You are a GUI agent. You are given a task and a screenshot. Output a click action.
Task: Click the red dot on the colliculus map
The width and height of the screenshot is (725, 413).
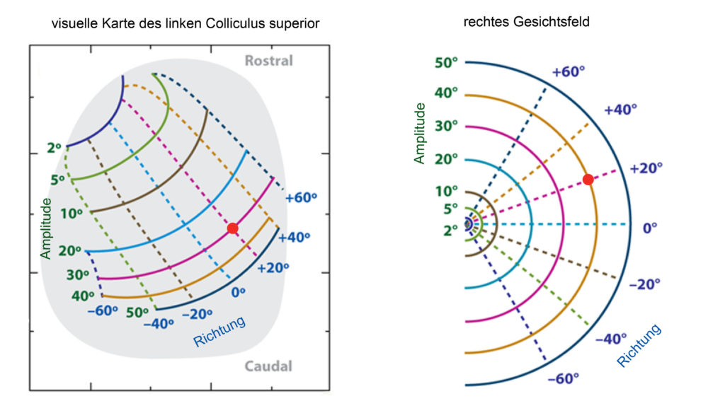[232, 228]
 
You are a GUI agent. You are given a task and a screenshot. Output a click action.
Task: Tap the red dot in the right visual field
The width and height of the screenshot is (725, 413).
[588, 180]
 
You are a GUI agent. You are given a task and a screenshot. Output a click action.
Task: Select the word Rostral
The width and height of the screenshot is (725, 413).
[268, 61]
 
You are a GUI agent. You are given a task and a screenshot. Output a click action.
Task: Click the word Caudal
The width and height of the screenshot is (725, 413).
[268, 366]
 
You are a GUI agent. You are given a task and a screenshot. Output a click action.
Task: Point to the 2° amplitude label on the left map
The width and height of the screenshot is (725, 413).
[54, 148]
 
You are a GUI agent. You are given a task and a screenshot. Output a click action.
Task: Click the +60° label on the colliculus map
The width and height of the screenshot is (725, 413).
[301, 198]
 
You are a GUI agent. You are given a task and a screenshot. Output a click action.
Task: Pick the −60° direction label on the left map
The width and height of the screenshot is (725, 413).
[103, 311]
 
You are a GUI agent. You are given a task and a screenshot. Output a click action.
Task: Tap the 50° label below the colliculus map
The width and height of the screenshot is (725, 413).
[137, 313]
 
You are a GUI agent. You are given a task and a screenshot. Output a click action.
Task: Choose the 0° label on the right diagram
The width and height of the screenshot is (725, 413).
[650, 228]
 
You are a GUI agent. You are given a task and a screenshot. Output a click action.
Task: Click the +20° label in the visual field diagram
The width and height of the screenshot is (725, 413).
[646, 168]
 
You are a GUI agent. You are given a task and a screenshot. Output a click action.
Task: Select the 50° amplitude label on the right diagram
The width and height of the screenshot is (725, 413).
[446, 63]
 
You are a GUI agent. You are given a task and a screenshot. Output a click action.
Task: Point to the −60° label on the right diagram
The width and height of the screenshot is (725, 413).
[563, 379]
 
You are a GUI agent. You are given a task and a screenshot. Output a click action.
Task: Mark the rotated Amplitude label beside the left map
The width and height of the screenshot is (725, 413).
[45, 228]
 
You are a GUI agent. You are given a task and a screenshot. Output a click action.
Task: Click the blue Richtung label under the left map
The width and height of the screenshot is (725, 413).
[219, 332]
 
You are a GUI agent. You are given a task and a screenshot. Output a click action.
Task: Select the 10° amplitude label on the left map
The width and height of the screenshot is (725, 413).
[72, 214]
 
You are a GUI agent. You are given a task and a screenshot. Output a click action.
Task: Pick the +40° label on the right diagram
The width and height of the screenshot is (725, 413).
[620, 110]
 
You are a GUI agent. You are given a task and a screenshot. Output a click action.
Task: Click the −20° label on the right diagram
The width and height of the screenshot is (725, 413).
[644, 284]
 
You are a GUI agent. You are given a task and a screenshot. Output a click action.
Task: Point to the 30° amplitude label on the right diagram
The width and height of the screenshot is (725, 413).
[446, 126]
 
